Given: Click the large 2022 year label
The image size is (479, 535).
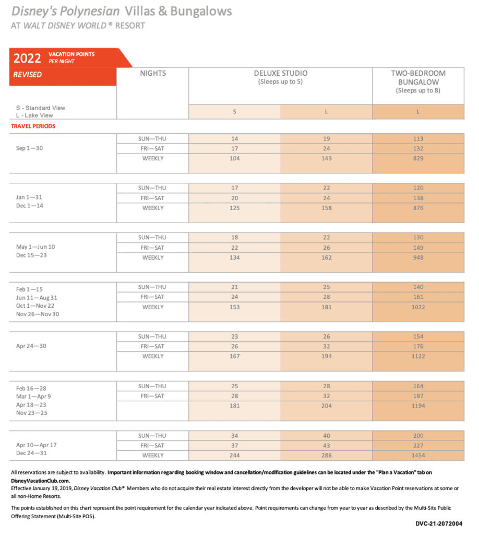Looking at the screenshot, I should point(27,57).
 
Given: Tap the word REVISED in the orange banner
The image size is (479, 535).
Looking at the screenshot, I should point(28,75).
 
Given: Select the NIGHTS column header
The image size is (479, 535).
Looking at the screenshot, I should point(153,74).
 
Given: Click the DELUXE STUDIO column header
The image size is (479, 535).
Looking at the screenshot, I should point(281,74).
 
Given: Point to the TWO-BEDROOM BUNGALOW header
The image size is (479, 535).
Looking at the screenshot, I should point(418,77).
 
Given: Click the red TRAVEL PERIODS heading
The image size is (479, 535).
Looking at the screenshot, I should point(33,126).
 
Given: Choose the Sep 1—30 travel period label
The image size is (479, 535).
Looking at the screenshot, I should point(29,148).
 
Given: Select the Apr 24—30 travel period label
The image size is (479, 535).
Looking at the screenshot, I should point(31,346).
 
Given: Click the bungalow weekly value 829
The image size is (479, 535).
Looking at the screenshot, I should point(417,158).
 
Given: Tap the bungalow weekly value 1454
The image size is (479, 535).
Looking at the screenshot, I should point(417,456).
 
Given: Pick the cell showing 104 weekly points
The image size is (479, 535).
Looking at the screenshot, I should point(235,158).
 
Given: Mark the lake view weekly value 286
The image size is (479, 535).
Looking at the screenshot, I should point(326,456).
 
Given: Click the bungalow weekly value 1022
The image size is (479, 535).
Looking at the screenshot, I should point(417,307).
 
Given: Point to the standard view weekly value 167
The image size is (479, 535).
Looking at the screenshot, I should point(235,356).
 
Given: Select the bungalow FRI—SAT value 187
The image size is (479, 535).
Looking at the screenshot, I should point(417,396).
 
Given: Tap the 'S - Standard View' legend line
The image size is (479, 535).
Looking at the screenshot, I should point(41,108).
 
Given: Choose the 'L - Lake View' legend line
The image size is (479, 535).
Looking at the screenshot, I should point(34,115).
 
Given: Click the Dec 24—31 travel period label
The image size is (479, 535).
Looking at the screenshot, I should point(32,453).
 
